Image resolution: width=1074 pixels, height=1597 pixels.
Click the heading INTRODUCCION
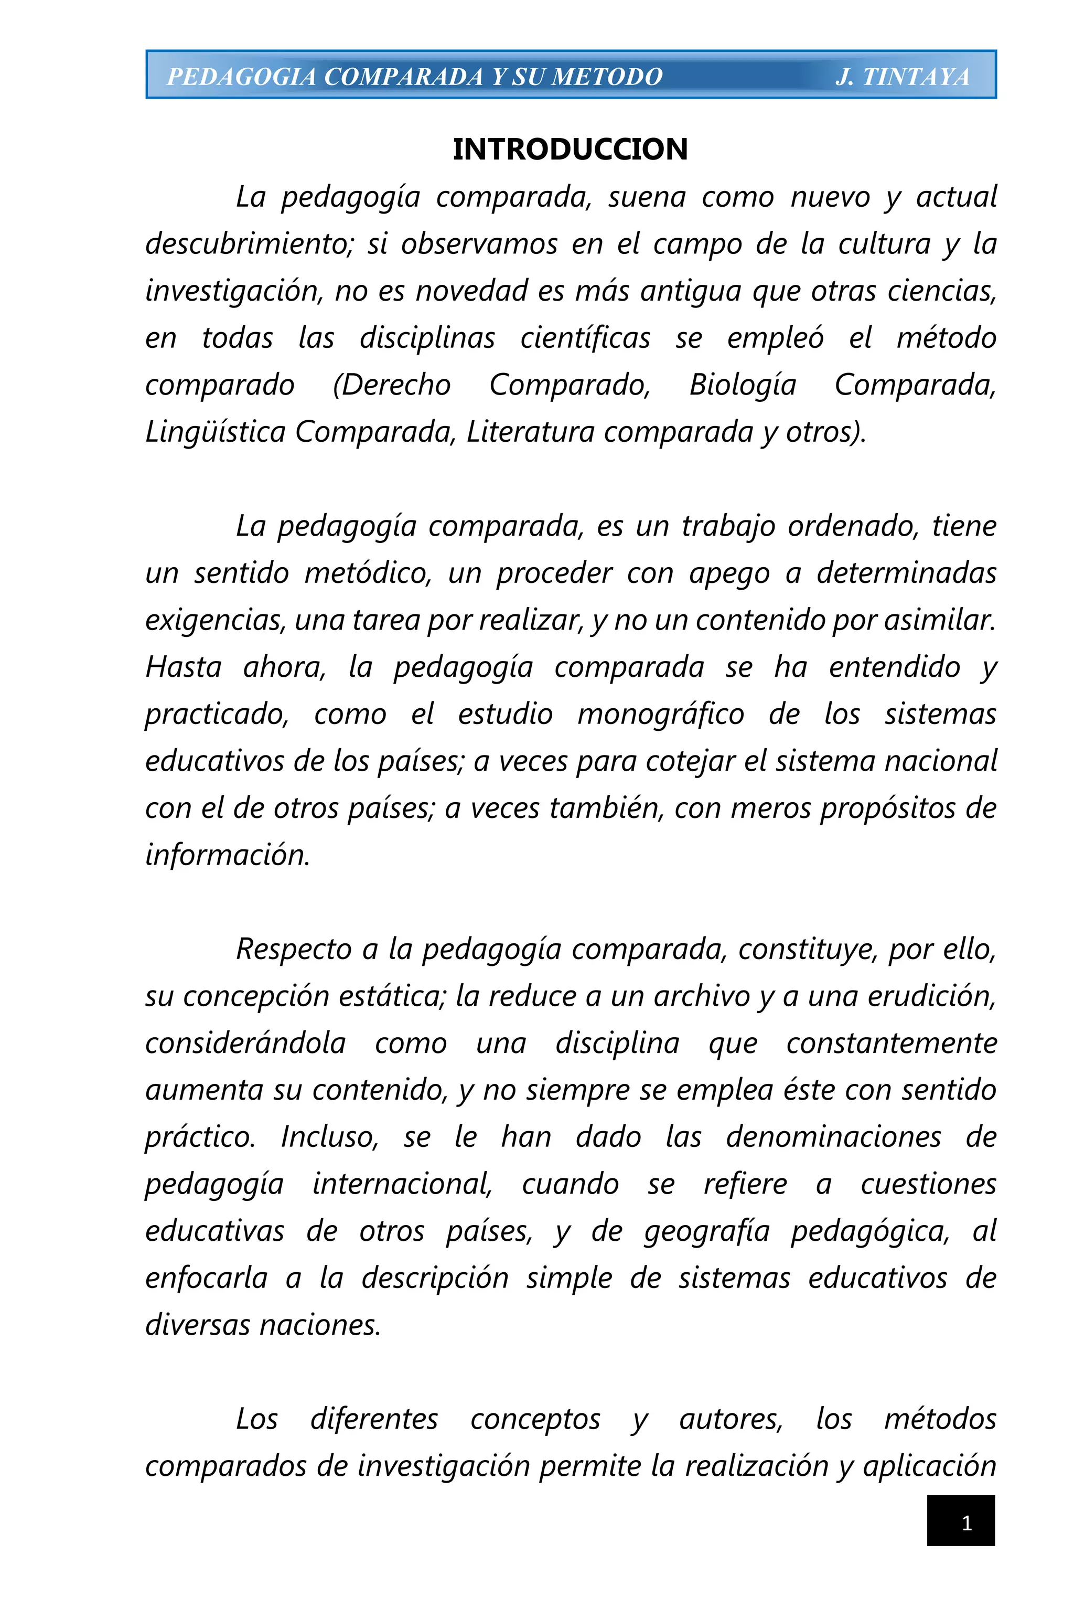click(x=570, y=150)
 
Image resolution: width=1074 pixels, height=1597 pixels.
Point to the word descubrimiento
click(x=249, y=244)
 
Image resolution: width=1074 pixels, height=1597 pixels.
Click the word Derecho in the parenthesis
click(x=392, y=385)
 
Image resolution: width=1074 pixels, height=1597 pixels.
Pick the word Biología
click(x=743, y=385)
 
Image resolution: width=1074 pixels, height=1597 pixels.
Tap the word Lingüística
click(x=215, y=432)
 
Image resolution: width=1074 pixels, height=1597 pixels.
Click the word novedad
click(x=472, y=291)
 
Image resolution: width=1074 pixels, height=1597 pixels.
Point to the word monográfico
click(x=660, y=714)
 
